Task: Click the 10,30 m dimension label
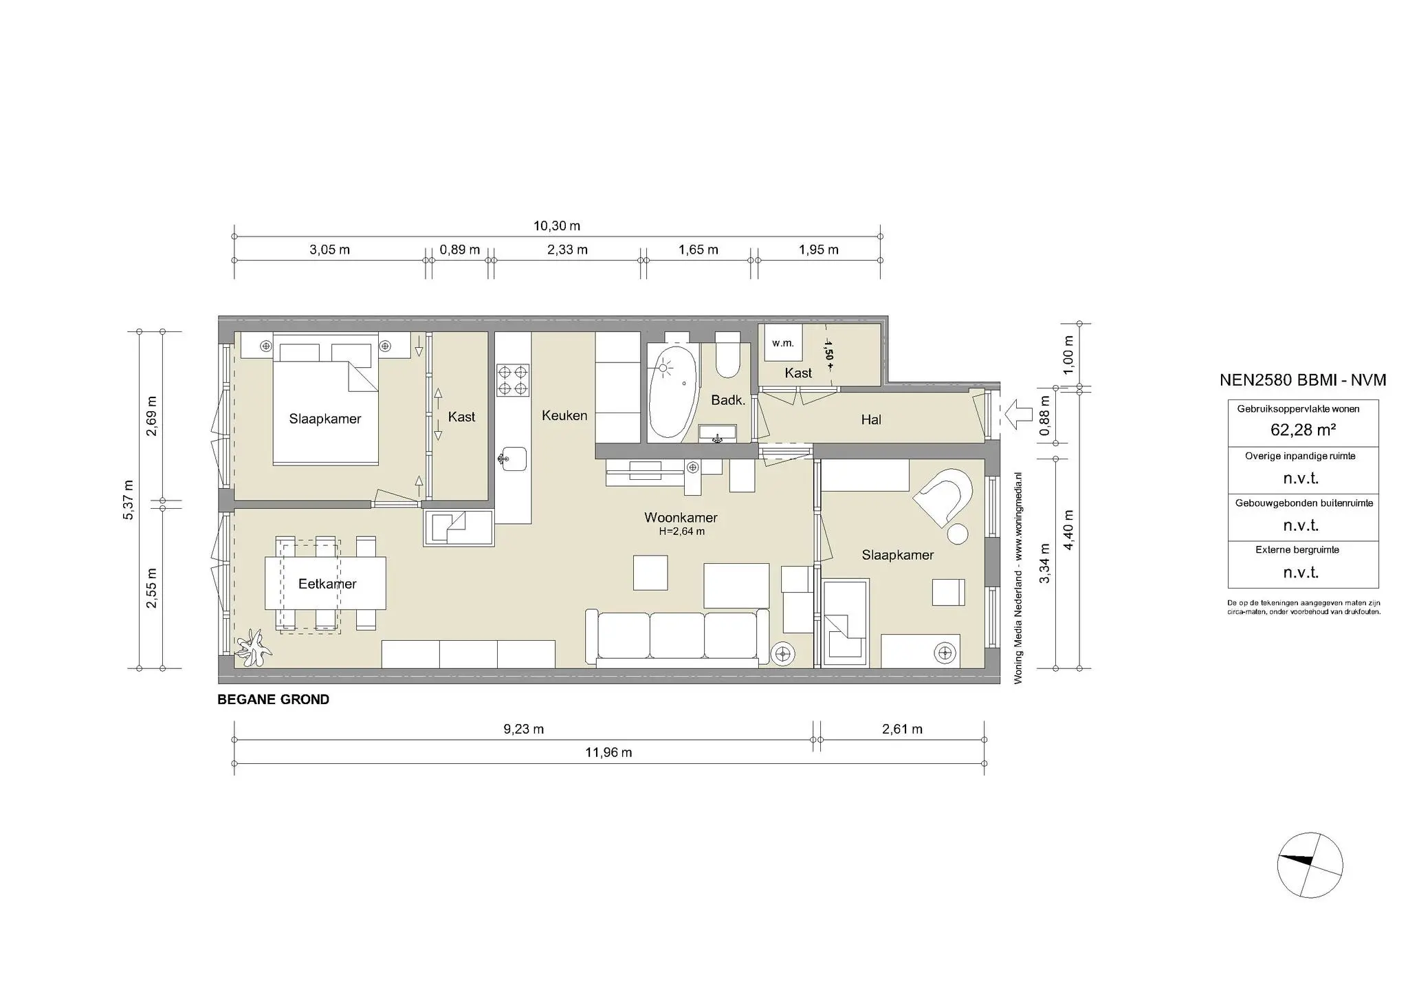557,226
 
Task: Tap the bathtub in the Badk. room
673,393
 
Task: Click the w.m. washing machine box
782,343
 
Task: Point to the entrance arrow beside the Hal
1018,415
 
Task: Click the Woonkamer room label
681,518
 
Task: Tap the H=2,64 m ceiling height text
681,531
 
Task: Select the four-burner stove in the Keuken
513,380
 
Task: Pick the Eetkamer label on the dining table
327,584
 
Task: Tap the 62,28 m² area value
1303,430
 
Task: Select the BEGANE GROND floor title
273,700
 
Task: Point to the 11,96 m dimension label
608,752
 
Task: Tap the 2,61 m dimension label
902,729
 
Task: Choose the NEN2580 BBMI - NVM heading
1302,380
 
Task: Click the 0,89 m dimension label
459,250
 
